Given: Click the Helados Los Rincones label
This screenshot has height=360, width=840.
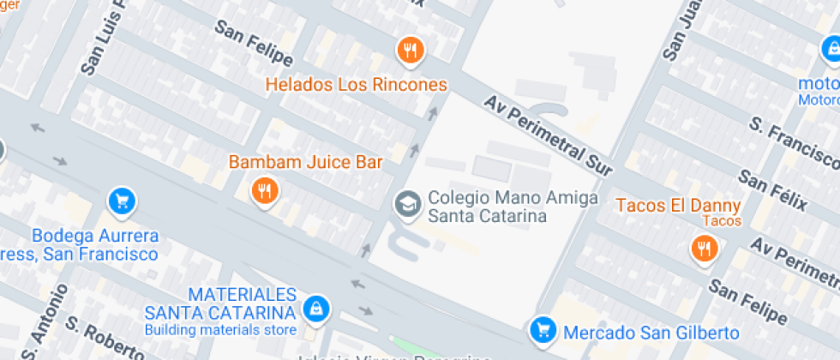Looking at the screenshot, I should tap(356, 85).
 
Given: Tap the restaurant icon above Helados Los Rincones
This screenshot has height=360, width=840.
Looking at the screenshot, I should tap(411, 50).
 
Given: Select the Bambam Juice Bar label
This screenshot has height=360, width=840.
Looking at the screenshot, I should tap(305, 161).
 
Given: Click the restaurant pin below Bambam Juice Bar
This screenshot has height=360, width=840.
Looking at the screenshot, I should tap(265, 190).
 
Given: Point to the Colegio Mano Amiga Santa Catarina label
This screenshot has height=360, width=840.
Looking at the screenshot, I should tap(488, 207).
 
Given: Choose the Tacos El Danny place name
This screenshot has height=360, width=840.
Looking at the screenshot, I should tap(678, 206).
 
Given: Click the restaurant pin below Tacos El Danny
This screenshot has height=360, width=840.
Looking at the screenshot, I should tap(705, 249).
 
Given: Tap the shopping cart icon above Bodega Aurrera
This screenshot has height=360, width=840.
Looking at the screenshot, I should tap(122, 201).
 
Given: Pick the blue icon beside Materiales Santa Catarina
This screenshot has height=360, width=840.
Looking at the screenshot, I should tap(316, 309).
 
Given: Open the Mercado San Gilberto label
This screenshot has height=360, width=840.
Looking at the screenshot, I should tap(651, 332).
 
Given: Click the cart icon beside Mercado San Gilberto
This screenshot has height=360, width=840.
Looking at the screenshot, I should tap(542, 329).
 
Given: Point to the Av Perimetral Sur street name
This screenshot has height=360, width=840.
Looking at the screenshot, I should tap(549, 136).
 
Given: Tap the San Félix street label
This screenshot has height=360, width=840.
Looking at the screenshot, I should tap(772, 190).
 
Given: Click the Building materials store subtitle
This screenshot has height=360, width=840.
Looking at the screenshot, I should tap(220, 330).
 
